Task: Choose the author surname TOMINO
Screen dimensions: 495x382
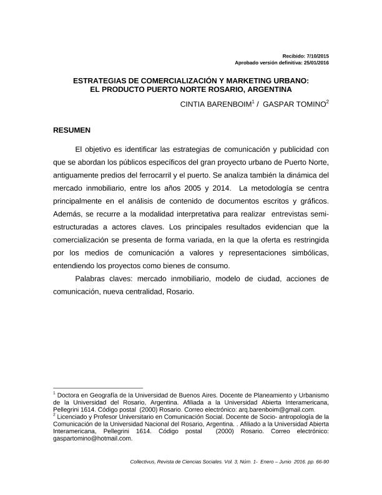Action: [306, 101]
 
